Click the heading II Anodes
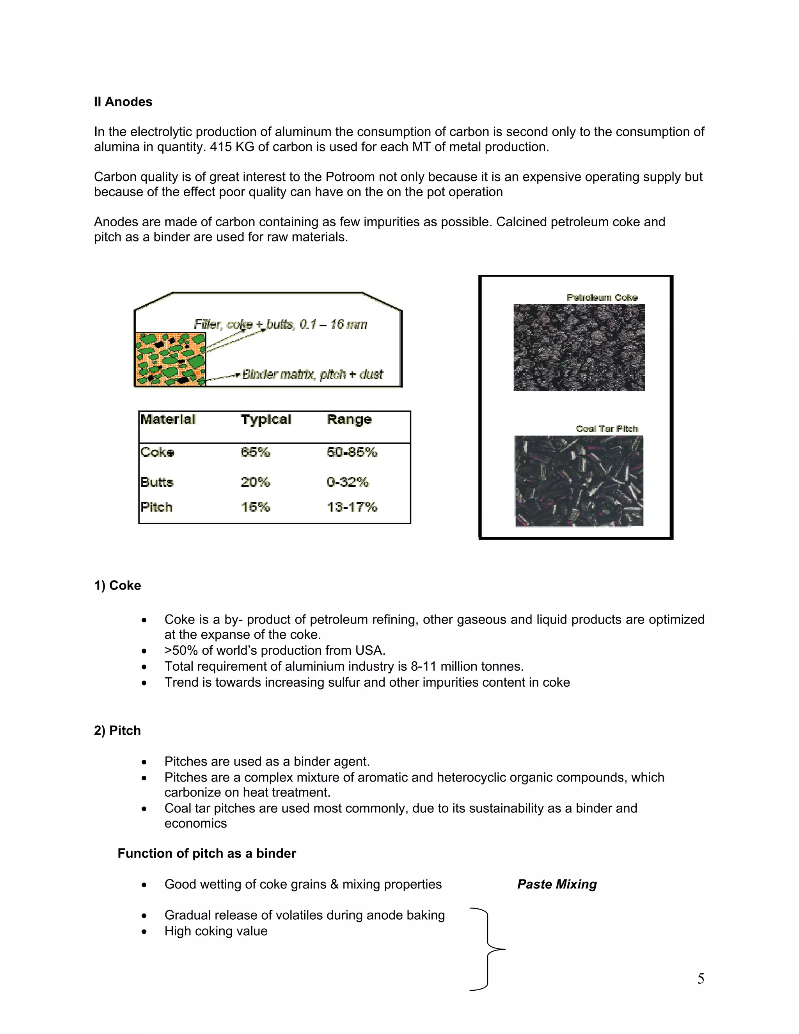coord(123,102)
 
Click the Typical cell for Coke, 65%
coord(255,452)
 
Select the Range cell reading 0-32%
coord(348,482)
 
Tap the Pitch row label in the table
coord(156,507)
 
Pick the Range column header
coord(349,419)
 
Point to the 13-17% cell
coord(352,507)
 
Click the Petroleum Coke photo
coord(579,348)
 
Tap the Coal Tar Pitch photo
coord(579,481)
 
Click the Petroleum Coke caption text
coord(602,297)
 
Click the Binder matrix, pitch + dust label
coord(312,375)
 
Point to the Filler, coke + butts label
coord(280,324)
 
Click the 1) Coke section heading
coord(117,585)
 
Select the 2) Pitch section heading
coord(117,730)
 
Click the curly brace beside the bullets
coord(488,949)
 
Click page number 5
coord(701,978)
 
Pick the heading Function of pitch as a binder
coord(206,853)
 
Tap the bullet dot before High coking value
coord(144,932)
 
